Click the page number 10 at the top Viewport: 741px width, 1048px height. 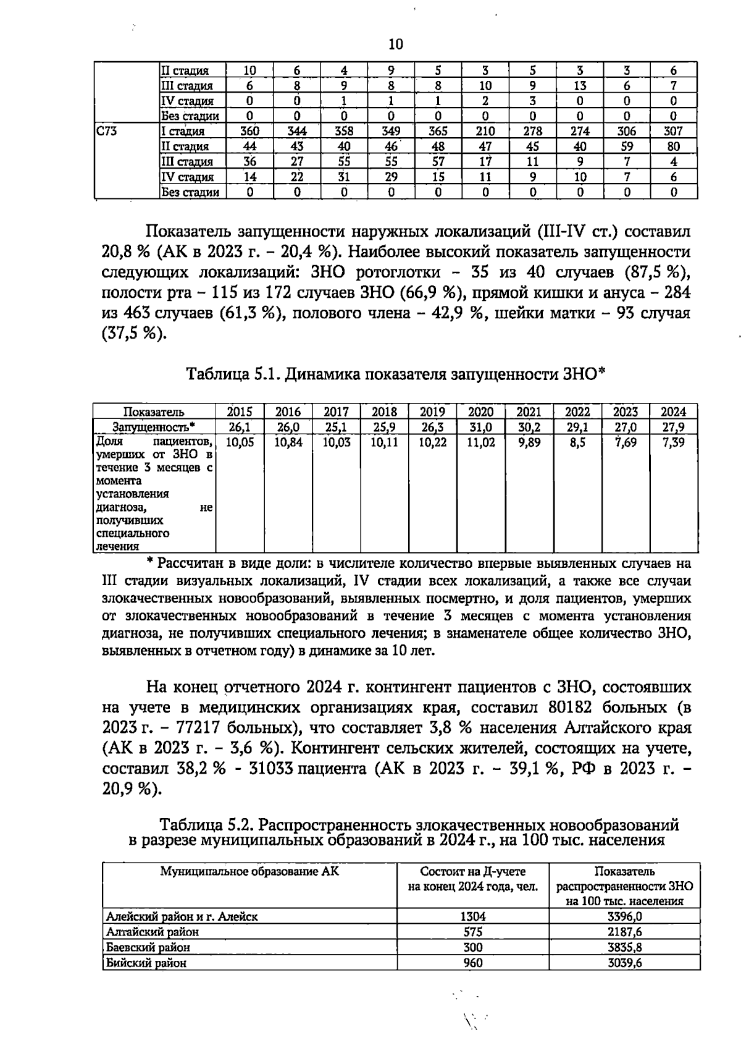(x=396, y=44)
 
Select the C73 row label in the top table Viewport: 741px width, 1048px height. (x=108, y=131)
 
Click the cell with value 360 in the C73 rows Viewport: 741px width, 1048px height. (x=249, y=131)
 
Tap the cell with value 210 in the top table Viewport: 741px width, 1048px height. (x=485, y=131)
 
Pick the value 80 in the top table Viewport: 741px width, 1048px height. (x=674, y=146)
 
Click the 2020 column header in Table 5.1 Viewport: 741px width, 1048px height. (x=480, y=412)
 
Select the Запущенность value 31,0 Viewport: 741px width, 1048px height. (x=480, y=427)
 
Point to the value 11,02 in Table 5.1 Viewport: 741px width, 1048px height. (x=480, y=442)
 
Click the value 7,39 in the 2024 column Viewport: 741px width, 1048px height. (x=674, y=442)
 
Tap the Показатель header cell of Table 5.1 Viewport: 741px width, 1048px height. (x=154, y=412)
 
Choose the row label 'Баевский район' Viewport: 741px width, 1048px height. (x=148, y=947)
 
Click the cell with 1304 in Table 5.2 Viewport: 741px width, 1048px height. (x=473, y=917)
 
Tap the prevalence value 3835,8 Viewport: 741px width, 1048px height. (x=625, y=947)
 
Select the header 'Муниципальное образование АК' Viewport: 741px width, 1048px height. (x=249, y=872)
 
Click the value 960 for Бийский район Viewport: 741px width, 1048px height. (x=473, y=963)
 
